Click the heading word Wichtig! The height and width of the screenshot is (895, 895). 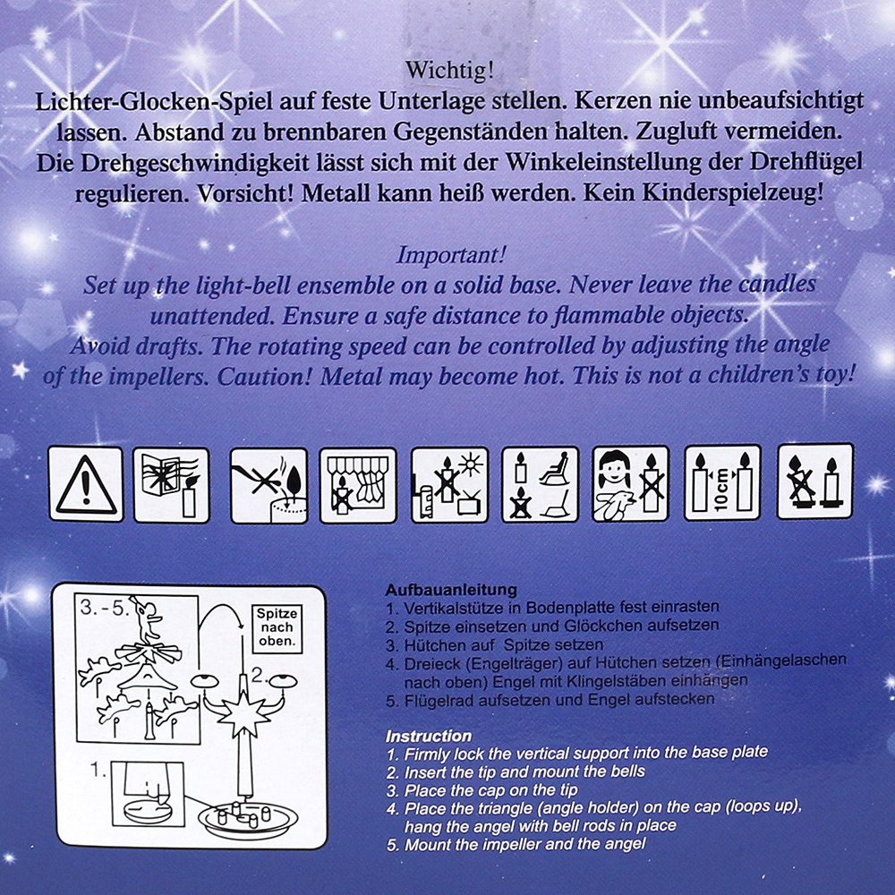pos(450,71)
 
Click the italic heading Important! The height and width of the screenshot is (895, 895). pos(451,254)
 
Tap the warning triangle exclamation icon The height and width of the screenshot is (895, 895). pos(86,484)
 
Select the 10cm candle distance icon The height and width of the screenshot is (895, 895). pos(722,483)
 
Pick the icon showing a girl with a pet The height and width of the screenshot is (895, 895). pos(631,483)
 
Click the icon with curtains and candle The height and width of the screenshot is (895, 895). pos(358,485)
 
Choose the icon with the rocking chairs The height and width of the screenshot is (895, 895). pos(540,484)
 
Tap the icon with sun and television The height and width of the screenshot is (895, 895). pos(450,485)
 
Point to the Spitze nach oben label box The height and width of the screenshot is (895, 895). pos(277,627)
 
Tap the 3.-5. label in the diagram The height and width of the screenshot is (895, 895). pos(105,608)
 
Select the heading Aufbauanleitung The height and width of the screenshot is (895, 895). pos(451,590)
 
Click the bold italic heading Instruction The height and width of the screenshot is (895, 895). pos(429,735)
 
